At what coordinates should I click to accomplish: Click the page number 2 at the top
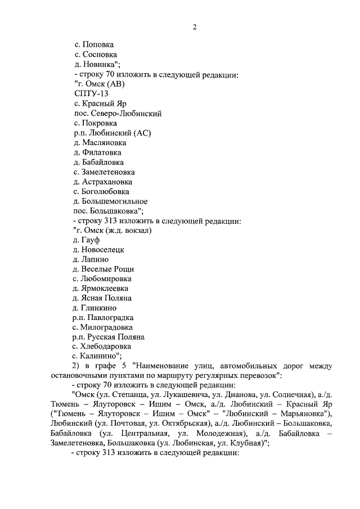point(194,26)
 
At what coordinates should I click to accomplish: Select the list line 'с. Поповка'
point(94,44)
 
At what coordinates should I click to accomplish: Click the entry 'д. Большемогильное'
point(111,201)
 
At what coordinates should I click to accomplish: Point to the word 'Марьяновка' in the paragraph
point(303,415)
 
